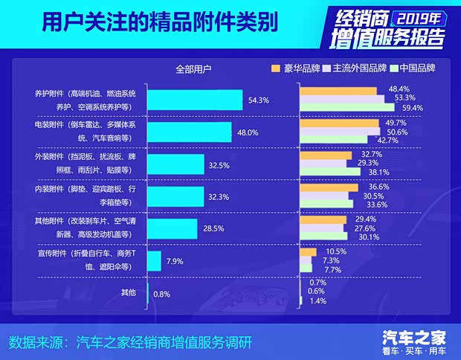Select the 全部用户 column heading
(x=193, y=69)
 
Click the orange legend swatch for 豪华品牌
(x=276, y=68)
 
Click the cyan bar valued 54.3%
(x=195, y=100)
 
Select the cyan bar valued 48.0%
(x=190, y=132)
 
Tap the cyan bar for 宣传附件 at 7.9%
(x=154, y=261)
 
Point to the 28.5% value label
(x=213, y=228)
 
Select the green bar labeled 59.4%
(x=346, y=108)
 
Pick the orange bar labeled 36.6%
(x=329, y=187)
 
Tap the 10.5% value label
(x=337, y=251)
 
